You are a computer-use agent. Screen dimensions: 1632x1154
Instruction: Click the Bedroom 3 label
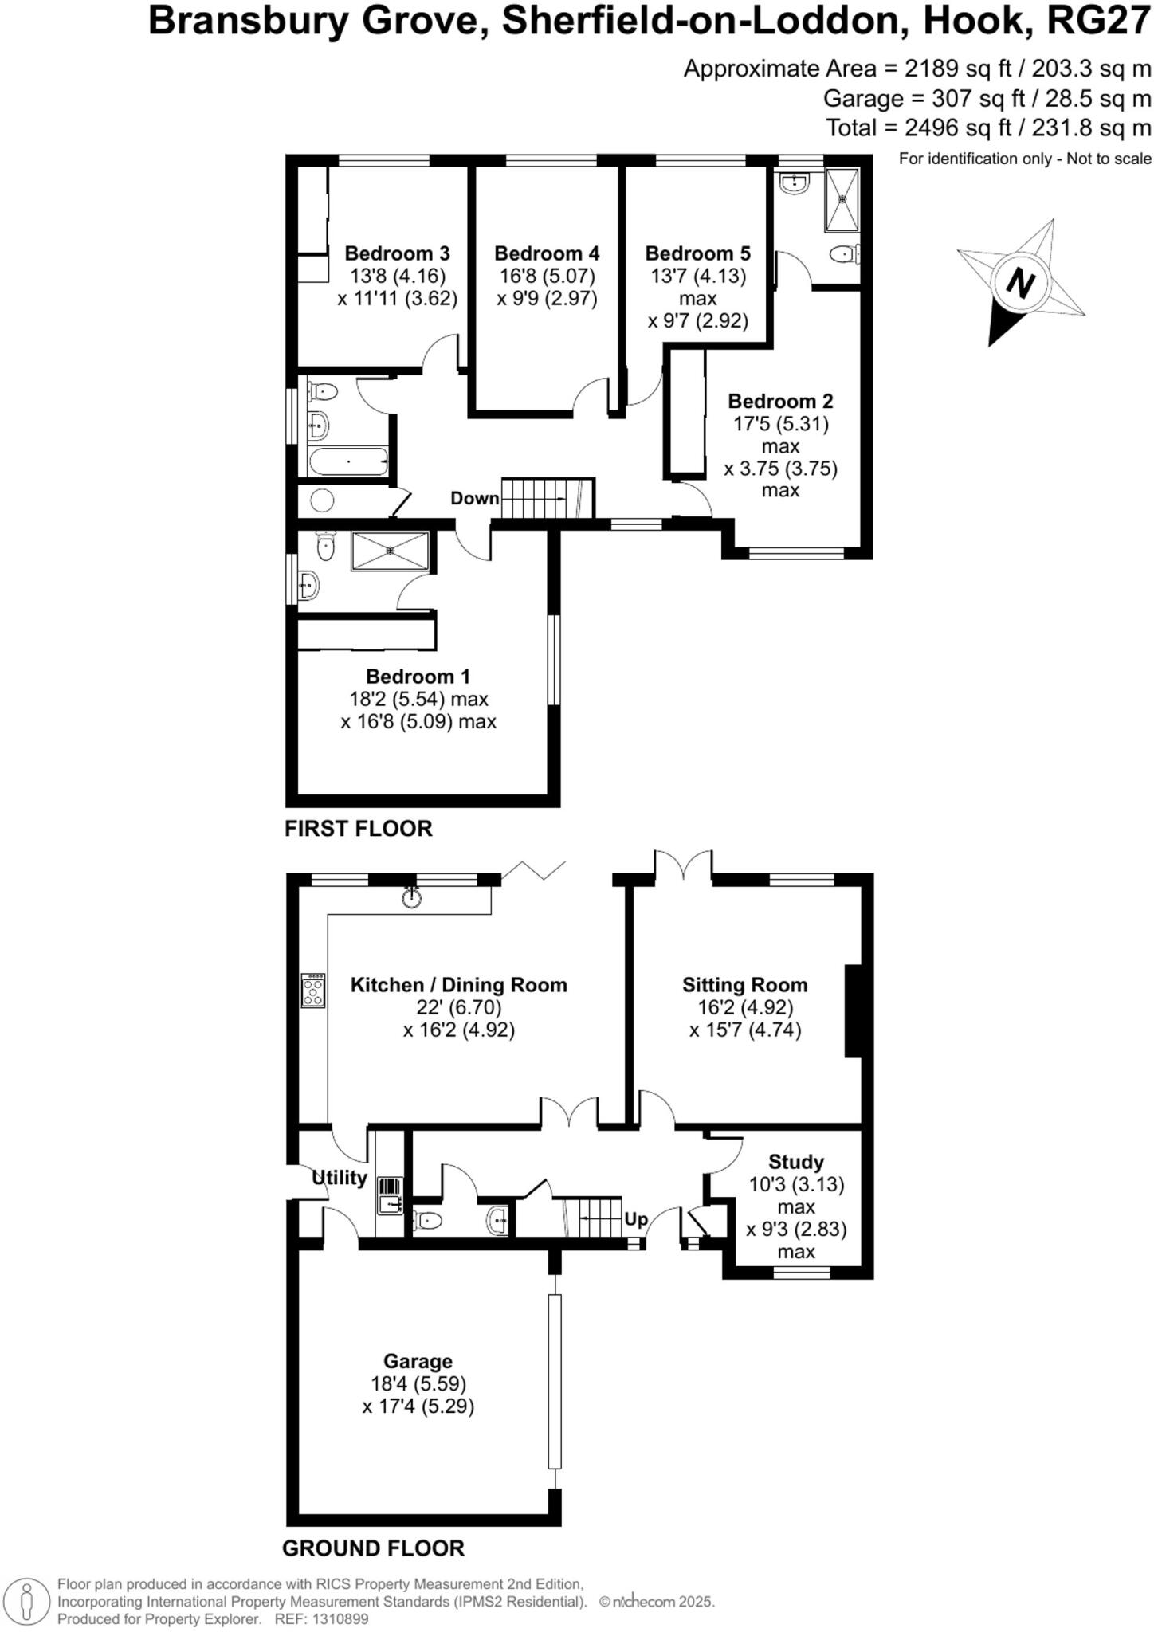coord(397,253)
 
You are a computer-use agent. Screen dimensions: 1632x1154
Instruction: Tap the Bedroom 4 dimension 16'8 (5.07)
coord(547,276)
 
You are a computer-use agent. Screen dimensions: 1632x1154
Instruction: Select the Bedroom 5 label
coord(697,253)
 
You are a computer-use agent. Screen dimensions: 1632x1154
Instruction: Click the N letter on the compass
coord(1020,283)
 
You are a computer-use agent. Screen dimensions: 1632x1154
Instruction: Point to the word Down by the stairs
coord(474,499)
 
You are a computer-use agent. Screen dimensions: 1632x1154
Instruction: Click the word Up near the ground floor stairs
coord(636,1219)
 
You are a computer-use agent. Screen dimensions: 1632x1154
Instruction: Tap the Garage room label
coord(418,1361)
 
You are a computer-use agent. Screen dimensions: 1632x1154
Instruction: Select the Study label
coord(795,1162)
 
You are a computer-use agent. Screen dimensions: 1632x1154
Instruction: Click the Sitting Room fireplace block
coord(853,1010)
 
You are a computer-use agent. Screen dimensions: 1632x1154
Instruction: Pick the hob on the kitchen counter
coord(313,991)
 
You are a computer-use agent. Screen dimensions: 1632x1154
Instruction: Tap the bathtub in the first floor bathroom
coord(347,462)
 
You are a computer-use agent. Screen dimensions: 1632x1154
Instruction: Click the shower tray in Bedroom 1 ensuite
coord(391,551)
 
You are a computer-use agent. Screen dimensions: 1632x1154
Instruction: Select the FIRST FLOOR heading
coord(359,829)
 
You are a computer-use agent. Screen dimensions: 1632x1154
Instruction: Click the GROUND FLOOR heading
coord(373,1548)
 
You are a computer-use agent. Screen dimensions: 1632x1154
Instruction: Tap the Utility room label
coord(340,1178)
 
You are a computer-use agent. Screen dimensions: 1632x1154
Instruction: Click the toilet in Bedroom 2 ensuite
coord(841,254)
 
